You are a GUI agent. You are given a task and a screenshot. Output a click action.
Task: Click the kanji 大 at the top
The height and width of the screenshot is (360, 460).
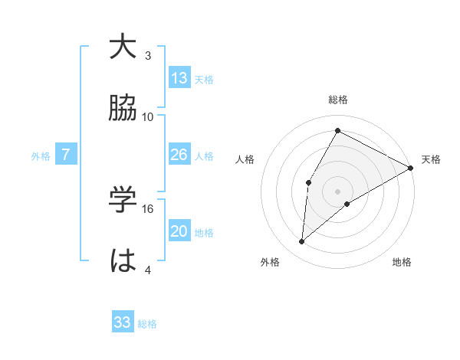[123, 48]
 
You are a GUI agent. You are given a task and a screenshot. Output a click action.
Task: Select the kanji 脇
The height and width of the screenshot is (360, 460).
[123, 109]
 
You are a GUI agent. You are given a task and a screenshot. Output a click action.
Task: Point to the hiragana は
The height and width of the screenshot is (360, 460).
[123, 261]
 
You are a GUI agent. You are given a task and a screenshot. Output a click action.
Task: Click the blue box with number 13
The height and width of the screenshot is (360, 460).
[179, 78]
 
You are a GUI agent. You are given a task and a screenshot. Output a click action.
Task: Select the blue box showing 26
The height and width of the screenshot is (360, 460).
[179, 155]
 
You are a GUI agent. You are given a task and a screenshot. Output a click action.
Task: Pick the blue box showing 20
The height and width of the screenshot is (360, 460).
[179, 231]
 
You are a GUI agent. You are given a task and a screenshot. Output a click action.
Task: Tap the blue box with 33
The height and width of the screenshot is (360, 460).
[123, 322]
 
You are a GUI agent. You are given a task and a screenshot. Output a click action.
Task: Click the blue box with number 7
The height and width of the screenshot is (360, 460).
[66, 155]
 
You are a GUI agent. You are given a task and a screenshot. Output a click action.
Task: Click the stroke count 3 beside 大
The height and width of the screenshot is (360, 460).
[148, 56]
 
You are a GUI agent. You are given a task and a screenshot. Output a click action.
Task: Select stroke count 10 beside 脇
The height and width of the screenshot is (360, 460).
[148, 116]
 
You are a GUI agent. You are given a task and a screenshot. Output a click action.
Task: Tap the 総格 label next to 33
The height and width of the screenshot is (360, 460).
[147, 324]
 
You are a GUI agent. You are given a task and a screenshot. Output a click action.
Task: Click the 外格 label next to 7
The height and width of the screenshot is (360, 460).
[41, 156]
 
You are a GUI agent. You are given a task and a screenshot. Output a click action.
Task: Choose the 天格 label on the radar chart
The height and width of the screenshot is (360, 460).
[431, 159]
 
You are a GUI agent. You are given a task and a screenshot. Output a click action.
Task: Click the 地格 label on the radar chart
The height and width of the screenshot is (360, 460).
[402, 262]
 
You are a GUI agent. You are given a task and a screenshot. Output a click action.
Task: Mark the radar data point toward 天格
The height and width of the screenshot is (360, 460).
[411, 169]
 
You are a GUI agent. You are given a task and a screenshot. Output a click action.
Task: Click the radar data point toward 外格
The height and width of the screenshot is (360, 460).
[302, 242]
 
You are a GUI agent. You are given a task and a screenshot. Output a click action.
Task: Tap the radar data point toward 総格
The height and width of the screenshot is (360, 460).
[337, 130]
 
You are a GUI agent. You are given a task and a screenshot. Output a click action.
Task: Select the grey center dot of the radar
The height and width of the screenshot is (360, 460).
[337, 191]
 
